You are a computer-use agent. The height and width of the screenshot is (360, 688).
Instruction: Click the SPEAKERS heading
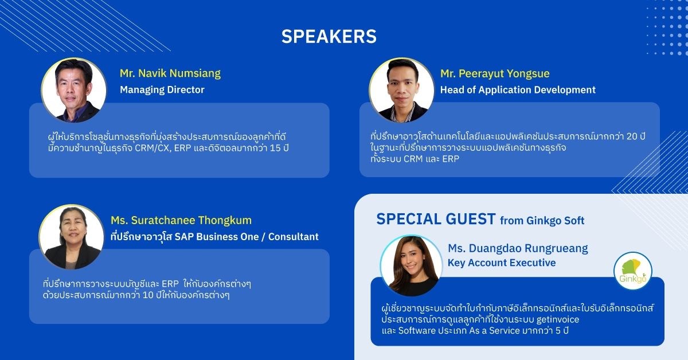point(329,37)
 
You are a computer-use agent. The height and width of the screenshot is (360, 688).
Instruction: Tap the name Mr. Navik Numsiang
point(170,73)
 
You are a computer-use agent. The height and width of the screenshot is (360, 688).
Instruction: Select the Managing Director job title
point(162,89)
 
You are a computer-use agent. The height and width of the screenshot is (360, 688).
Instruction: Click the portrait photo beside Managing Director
point(74,90)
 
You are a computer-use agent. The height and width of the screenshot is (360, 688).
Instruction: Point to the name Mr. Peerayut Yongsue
point(495,74)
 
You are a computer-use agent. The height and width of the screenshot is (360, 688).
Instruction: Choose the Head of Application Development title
point(518,89)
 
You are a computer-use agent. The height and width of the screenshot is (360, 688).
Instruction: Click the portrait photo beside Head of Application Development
point(401,90)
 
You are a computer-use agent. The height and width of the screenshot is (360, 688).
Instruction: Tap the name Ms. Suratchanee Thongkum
point(181,220)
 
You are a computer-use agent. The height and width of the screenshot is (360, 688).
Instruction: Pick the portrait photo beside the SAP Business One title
point(72,237)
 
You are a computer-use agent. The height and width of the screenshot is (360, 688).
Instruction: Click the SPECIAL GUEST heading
point(436,219)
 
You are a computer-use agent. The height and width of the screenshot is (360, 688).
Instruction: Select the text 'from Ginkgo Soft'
point(542,221)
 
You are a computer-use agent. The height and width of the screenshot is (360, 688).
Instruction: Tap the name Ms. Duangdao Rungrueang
point(518,248)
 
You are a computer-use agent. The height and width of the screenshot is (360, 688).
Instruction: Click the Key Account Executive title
point(502,263)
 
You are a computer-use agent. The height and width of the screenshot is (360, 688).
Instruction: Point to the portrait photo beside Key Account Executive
point(411,265)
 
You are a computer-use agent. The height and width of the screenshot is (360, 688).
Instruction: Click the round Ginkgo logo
point(633,271)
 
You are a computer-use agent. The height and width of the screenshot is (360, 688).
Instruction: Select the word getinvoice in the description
point(558,319)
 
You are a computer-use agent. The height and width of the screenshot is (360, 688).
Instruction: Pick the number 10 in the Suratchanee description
point(148,295)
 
